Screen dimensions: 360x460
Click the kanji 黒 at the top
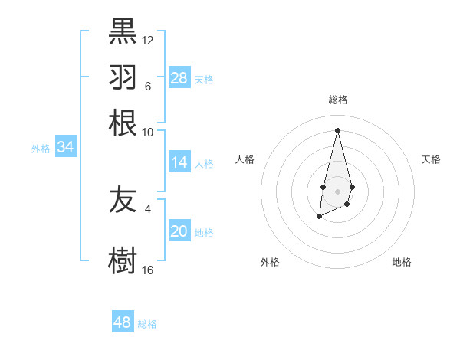pyautogui.click(x=123, y=31)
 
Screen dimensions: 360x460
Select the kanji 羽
pyautogui.click(x=123, y=78)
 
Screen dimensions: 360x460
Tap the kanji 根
pyautogui.click(x=123, y=123)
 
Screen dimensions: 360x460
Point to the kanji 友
pyautogui.click(x=123, y=201)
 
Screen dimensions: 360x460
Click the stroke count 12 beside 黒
pyautogui.click(x=148, y=40)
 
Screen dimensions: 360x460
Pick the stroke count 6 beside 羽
pyautogui.click(x=148, y=87)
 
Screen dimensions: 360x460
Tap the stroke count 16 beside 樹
pyautogui.click(x=148, y=270)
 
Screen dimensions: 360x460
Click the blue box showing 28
pyautogui.click(x=179, y=78)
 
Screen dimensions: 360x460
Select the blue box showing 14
pyautogui.click(x=179, y=162)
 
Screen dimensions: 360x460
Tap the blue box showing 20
pyautogui.click(x=179, y=232)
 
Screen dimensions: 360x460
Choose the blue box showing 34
pyautogui.click(x=65, y=148)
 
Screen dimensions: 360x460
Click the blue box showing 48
pyautogui.click(x=123, y=322)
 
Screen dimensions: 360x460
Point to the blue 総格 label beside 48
pyautogui.click(x=148, y=324)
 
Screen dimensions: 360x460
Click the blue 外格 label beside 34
pyautogui.click(x=41, y=149)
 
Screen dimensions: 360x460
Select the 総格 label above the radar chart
pyautogui.click(x=337, y=100)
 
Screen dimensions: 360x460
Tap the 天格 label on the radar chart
pyautogui.click(x=431, y=159)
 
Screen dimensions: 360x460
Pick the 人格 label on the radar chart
pyautogui.click(x=245, y=159)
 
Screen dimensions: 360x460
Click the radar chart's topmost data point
pyautogui.click(x=337, y=129)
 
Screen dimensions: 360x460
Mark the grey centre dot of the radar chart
pyautogui.click(x=337, y=191)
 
